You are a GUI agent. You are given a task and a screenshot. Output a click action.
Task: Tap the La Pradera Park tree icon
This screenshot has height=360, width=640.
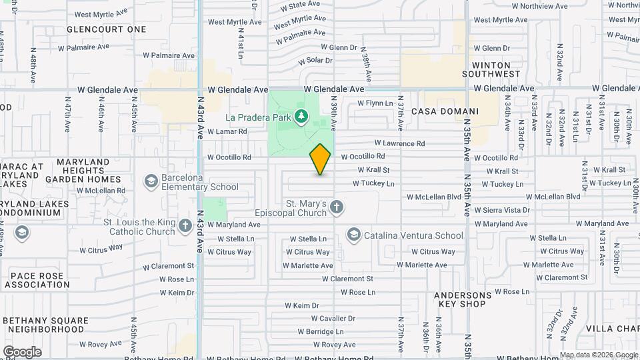pyautogui.click(x=301, y=117)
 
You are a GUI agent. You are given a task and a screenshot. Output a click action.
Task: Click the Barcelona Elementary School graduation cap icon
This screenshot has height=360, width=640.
pyautogui.click(x=151, y=181)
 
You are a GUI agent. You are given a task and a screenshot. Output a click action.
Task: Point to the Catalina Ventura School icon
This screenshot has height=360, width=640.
pyautogui.click(x=353, y=234)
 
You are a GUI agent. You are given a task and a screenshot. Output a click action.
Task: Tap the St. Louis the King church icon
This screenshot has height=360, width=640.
pyautogui.click(x=186, y=227)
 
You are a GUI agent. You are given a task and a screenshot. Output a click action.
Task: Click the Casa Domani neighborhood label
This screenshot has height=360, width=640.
pyautogui.click(x=445, y=111)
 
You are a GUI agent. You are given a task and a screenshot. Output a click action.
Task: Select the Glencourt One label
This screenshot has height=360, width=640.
pyautogui.click(x=106, y=29)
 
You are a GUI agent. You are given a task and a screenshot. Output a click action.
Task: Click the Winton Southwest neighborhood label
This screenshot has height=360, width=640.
pyautogui.click(x=495, y=69)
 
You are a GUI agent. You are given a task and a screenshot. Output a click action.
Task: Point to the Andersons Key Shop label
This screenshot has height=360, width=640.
pyautogui.click(x=465, y=299)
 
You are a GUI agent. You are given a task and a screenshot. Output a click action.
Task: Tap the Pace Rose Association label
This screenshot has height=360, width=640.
pyautogui.click(x=37, y=280)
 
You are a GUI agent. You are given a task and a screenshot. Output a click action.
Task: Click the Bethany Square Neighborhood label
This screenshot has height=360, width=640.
pyautogui.click(x=44, y=325)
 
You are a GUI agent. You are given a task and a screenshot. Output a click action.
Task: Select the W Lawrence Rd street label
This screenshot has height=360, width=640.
pyautogui.click(x=399, y=143)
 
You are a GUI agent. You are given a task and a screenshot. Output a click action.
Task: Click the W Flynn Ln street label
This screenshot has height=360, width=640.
pyautogui.click(x=375, y=103)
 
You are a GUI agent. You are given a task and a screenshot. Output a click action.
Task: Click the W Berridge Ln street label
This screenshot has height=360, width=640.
pyautogui.click(x=320, y=331)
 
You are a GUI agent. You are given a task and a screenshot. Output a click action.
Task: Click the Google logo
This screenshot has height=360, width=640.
pyautogui.click(x=21, y=352)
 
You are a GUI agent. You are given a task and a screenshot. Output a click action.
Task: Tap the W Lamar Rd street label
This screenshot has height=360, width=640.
pyautogui.click(x=227, y=132)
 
